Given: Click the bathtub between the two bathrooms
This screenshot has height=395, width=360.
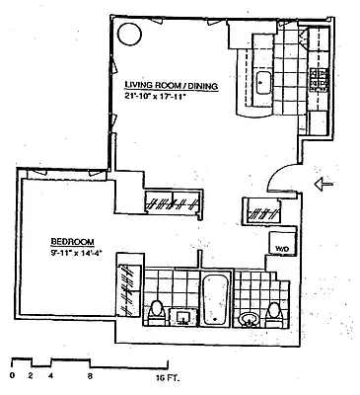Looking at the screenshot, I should click(x=214, y=300).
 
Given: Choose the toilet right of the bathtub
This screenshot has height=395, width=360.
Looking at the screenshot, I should click(x=275, y=312).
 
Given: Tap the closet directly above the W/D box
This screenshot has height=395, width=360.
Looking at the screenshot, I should click(x=263, y=210).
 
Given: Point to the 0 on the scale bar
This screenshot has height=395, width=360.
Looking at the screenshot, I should click(x=11, y=375).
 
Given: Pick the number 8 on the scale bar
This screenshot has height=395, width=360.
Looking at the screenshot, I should click(x=89, y=375).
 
